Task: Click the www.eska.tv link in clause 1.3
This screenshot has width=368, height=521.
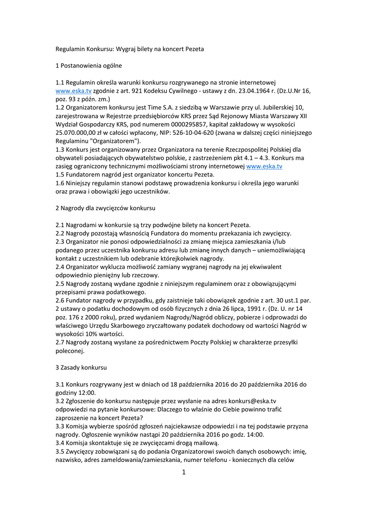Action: coord(264,166)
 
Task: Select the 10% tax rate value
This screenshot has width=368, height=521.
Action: coord(95,334)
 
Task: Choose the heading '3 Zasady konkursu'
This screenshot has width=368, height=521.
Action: coord(81,367)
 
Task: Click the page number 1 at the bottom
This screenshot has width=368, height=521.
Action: coord(184,473)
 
